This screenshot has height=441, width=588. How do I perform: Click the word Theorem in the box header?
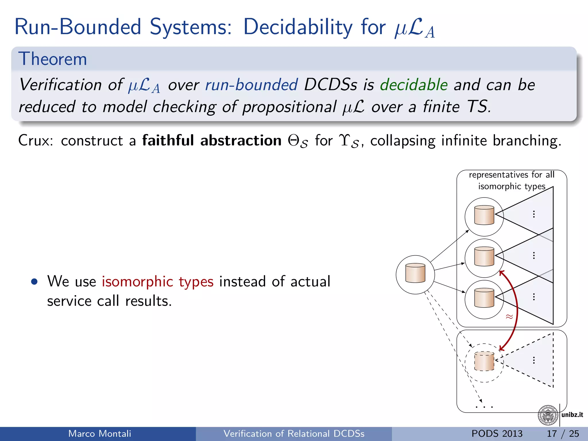click(53, 59)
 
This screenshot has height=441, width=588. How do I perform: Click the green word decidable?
click(414, 85)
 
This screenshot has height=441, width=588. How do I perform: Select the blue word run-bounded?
click(252, 85)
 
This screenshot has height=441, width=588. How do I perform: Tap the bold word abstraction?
click(241, 141)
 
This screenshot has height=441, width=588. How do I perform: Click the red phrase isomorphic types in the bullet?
click(158, 281)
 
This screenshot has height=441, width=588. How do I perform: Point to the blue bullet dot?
click(34, 282)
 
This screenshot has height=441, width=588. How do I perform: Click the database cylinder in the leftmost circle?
click(415, 273)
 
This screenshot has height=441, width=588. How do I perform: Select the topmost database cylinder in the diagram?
click(484, 215)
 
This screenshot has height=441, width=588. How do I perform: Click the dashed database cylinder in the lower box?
click(484, 361)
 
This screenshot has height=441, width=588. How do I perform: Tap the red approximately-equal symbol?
click(509, 317)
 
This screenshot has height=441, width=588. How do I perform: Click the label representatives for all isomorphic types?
click(511, 180)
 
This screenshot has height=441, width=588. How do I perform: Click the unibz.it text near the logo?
click(572, 415)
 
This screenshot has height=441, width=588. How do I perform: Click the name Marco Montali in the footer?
click(100, 434)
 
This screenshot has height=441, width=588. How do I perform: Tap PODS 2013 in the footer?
click(497, 434)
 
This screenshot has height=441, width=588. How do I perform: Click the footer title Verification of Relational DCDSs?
click(294, 434)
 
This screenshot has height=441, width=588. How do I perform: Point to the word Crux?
click(35, 141)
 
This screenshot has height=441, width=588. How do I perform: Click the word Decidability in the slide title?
click(297, 27)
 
